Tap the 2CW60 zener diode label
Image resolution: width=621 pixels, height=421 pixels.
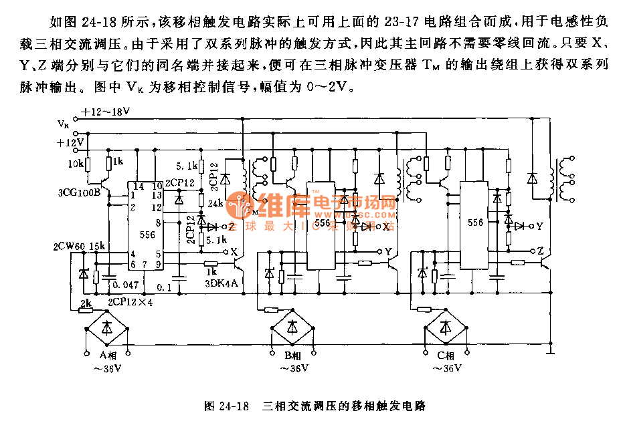(68, 247)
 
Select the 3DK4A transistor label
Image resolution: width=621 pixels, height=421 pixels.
(221, 282)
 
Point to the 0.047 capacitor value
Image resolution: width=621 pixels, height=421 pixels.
(126, 285)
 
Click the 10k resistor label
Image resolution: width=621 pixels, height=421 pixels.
(76, 163)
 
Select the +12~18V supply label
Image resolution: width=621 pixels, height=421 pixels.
(105, 112)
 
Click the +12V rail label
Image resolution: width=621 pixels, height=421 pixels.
(70, 142)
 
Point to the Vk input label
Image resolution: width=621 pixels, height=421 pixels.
(63, 124)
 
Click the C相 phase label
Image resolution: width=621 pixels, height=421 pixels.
(445, 356)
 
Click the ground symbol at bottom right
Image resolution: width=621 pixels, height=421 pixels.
(550, 349)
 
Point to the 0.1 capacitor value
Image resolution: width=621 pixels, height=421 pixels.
(163, 287)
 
